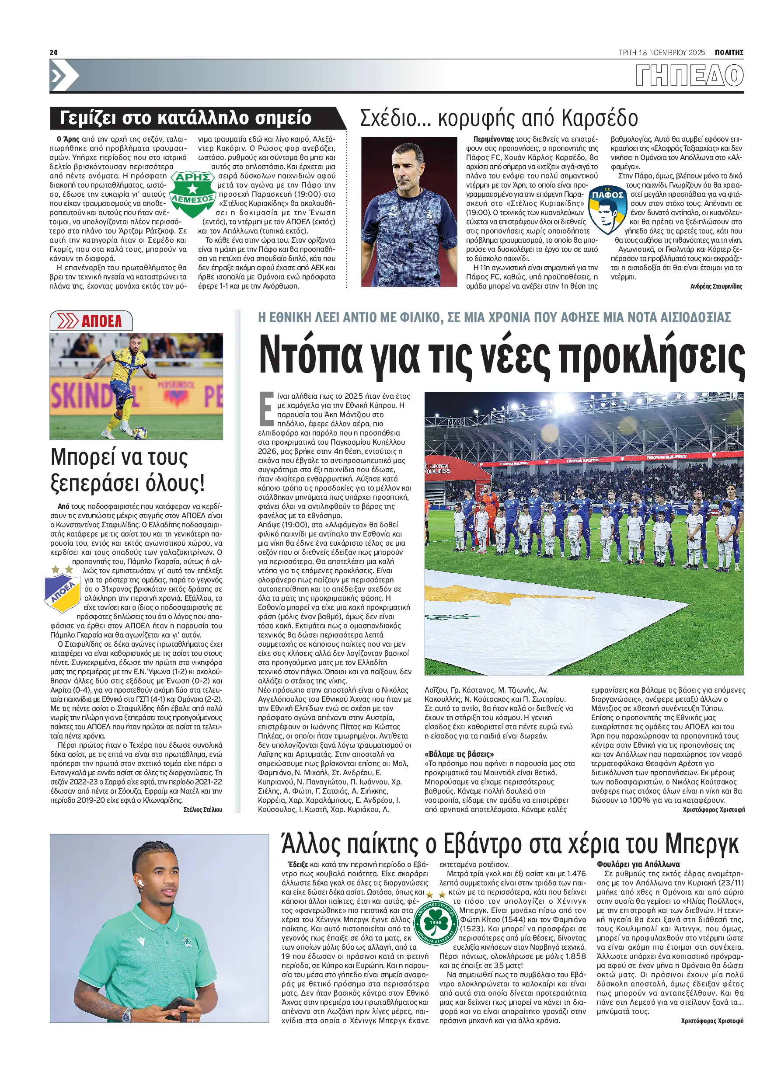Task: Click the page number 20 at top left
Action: coord(53,52)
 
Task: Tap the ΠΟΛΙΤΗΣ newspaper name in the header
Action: coord(729,52)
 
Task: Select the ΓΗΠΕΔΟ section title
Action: coord(689,76)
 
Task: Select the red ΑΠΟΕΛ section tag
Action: coord(91,321)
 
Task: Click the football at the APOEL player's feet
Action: coord(140,432)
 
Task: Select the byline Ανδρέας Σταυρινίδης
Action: coord(716,286)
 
